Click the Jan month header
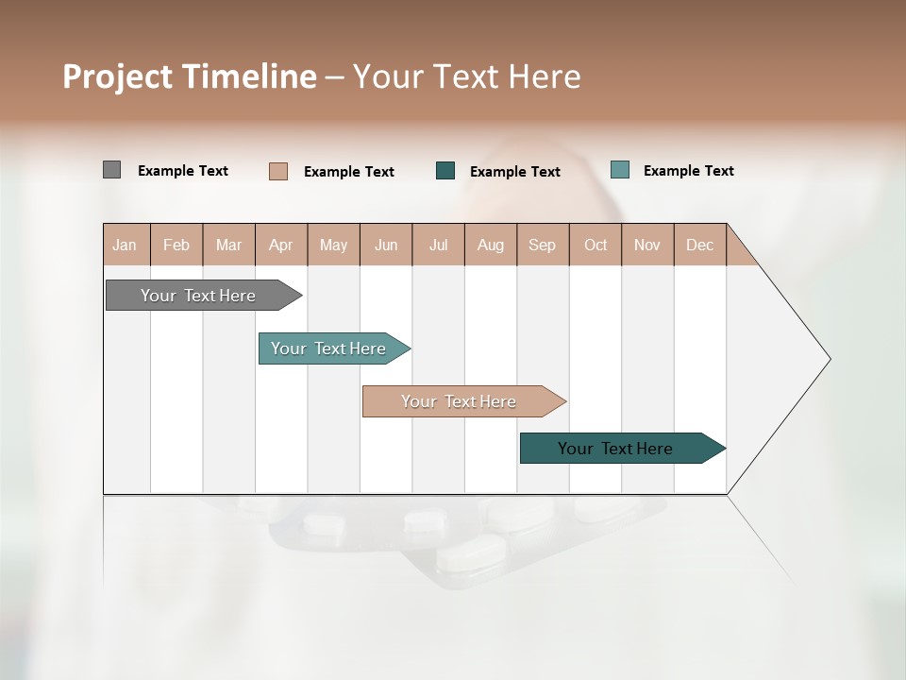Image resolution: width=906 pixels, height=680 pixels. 126,245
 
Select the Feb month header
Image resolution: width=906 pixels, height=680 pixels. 176,245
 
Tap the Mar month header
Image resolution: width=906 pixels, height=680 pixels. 228,245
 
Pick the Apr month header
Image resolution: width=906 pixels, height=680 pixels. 281,245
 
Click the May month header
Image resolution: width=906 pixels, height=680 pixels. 333,245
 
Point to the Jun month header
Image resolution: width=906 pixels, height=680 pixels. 386,245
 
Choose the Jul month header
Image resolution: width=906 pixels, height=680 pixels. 438,245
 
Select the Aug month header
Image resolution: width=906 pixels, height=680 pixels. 491,245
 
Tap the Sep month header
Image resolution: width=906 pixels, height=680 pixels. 543,245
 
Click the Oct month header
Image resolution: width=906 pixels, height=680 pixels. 596,245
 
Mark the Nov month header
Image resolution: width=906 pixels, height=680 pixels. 647,245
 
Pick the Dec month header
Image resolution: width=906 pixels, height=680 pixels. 700,245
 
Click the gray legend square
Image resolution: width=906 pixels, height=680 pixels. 111,170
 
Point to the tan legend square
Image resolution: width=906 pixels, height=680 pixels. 278,171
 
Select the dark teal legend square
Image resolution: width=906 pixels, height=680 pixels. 445,171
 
